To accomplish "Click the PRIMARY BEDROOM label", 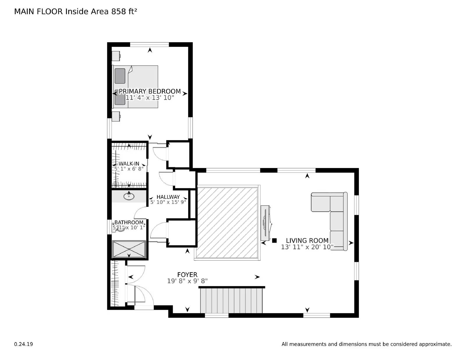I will tap(150, 91).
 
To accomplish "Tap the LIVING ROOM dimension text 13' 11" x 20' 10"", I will tap(307, 247).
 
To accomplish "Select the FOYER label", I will tap(187, 274).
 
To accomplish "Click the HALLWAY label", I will tap(168, 197).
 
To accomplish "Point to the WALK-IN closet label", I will tap(129, 164).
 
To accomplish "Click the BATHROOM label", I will tap(129, 223).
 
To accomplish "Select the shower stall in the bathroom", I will tap(129, 249).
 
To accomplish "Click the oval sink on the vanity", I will tap(129, 196).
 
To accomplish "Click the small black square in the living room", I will tap(274, 241).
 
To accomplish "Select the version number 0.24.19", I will tap(23, 344).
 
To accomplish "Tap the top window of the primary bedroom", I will tap(149, 45).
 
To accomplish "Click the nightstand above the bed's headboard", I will tap(116, 55).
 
